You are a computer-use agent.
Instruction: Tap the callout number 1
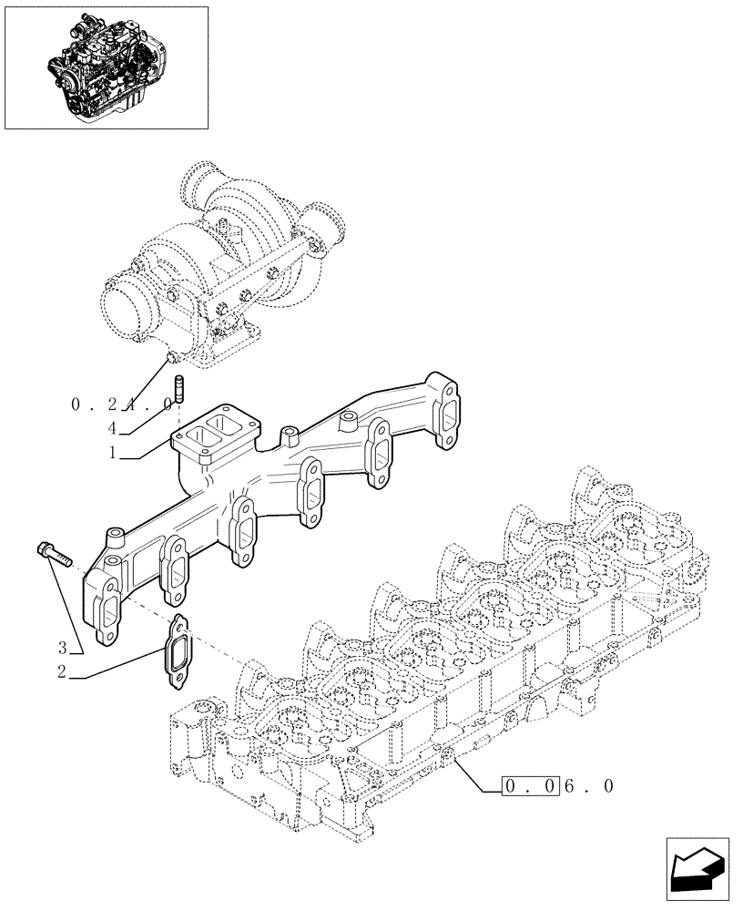[x=112, y=453]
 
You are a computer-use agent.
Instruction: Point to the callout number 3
[x=63, y=649]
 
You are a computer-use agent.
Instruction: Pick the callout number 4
[x=112, y=426]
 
